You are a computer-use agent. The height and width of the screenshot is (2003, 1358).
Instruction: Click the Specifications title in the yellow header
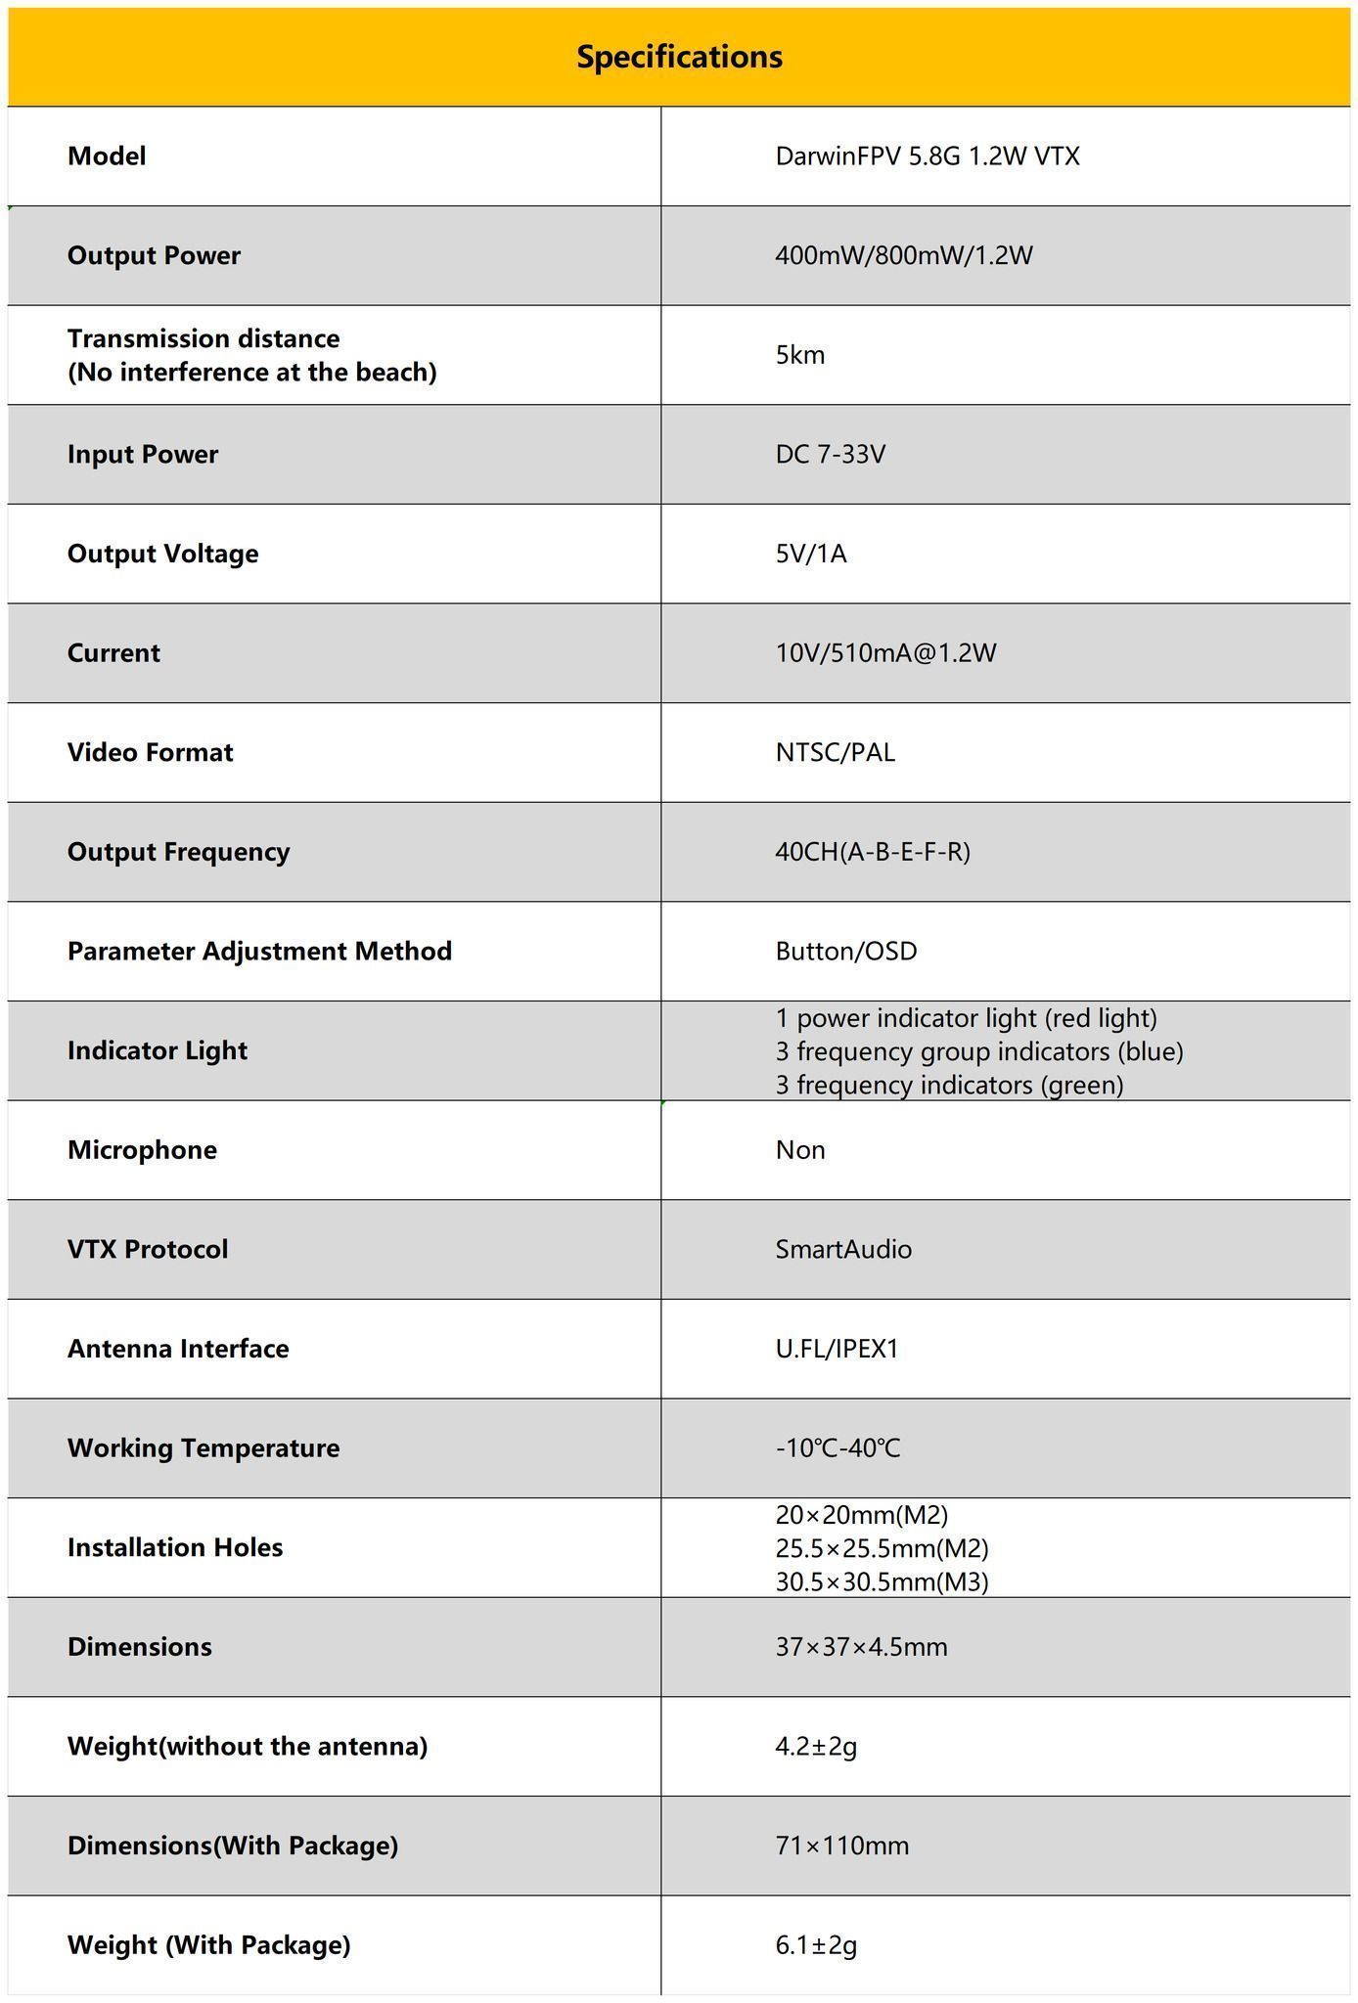(679, 57)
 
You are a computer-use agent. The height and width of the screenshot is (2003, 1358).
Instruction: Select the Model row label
(107, 156)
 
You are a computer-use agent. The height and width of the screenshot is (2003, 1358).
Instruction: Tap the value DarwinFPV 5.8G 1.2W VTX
(927, 156)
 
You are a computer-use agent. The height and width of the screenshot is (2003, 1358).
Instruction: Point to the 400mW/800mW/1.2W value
(903, 256)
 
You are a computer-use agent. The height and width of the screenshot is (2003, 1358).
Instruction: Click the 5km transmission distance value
(799, 355)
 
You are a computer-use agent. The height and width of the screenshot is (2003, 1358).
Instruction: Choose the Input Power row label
(143, 455)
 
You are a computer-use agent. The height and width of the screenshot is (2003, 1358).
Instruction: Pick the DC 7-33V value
(830, 455)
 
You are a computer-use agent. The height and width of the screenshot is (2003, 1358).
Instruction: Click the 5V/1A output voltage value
(810, 555)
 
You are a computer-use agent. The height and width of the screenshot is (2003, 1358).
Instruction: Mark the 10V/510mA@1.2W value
(885, 653)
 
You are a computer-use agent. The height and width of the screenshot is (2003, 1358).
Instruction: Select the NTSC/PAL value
(835, 753)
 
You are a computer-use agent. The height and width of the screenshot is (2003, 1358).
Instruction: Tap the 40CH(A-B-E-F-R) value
(872, 852)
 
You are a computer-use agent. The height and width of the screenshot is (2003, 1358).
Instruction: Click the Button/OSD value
(845, 952)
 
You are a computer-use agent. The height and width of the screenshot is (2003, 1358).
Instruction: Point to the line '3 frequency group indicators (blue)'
(978, 1051)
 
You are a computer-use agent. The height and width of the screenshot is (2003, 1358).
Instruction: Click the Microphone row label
(142, 1150)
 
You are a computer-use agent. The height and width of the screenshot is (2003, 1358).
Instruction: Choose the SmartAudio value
(842, 1250)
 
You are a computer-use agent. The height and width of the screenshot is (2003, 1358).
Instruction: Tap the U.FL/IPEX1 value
(837, 1350)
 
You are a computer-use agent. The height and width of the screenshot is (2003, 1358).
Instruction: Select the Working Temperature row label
(204, 1448)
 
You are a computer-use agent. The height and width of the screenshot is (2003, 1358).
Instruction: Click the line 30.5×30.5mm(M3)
(882, 1581)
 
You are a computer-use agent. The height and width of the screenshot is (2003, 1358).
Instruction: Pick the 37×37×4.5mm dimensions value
(861, 1647)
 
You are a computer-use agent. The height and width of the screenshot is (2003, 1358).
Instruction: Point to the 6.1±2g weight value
(815, 1945)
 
